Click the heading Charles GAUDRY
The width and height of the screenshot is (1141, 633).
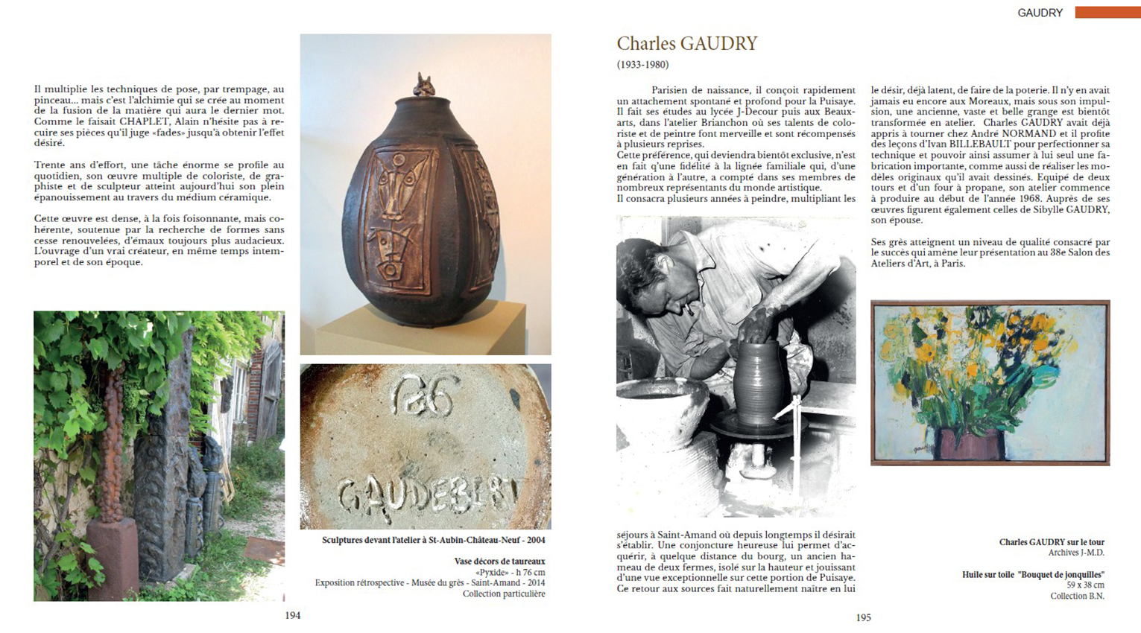(686, 44)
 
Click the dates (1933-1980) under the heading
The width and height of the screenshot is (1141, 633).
(642, 65)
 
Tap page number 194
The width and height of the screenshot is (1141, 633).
(292, 615)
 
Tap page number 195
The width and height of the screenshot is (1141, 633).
(863, 617)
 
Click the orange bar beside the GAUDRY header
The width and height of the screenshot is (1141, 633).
(1107, 13)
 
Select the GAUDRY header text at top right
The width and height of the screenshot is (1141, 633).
(1040, 13)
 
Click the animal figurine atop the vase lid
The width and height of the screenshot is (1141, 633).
(425, 85)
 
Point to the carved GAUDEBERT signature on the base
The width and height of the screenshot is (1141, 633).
(426, 492)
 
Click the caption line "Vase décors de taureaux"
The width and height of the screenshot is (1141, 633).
(499, 562)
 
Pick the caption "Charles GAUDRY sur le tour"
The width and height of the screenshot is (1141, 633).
(1052, 542)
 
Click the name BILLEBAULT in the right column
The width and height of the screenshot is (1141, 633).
(972, 144)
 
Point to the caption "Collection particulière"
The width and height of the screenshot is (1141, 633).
(503, 594)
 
